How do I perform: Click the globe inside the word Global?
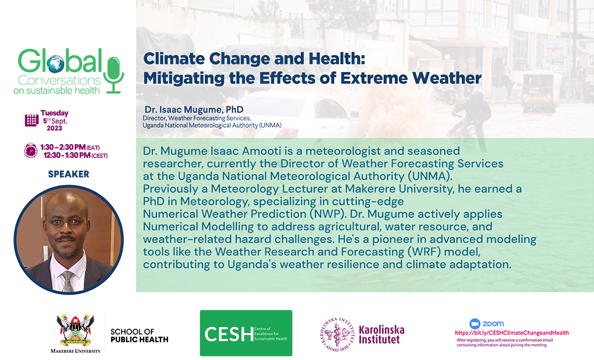[55, 64]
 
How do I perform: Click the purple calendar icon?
[31, 121]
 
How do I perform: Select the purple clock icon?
[31, 150]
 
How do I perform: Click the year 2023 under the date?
[54, 128]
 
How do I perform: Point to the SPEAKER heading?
[69, 174]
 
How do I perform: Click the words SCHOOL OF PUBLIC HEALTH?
[139, 336]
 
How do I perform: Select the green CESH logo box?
[246, 333]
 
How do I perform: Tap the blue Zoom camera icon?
[475, 324]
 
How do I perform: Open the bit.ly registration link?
[512, 332]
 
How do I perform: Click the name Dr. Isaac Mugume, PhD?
[194, 110]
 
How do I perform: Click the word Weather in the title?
[446, 79]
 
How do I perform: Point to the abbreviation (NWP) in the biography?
[328, 214]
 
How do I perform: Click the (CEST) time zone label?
[100, 156]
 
